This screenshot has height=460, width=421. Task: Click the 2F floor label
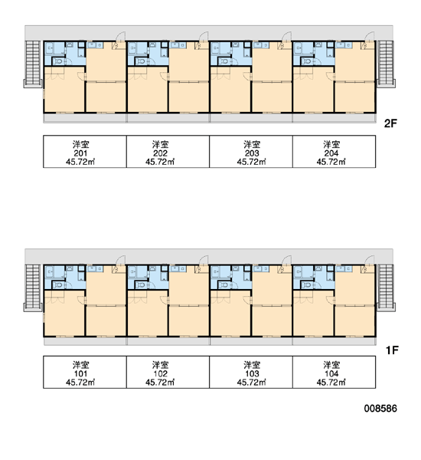(390, 123)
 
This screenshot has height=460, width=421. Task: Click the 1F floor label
(392, 350)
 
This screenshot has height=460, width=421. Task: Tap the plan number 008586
(380, 409)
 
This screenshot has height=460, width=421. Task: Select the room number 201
(80, 153)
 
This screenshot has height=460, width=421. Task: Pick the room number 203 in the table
(252, 153)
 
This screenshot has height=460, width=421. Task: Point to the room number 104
(331, 374)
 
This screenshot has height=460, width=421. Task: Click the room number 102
(160, 374)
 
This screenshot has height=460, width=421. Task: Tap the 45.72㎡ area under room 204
(331, 162)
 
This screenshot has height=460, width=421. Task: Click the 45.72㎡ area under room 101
(80, 383)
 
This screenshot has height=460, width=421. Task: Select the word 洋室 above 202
(160, 144)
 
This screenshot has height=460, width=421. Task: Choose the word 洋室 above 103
(252, 365)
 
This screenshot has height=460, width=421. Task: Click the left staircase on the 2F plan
(33, 64)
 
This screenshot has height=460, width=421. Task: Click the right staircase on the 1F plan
(386, 287)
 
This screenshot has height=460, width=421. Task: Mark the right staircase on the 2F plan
(386, 64)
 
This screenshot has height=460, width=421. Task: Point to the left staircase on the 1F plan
(33, 287)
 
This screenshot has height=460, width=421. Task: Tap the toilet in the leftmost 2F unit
(58, 61)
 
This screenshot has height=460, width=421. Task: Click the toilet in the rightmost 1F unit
(307, 284)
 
